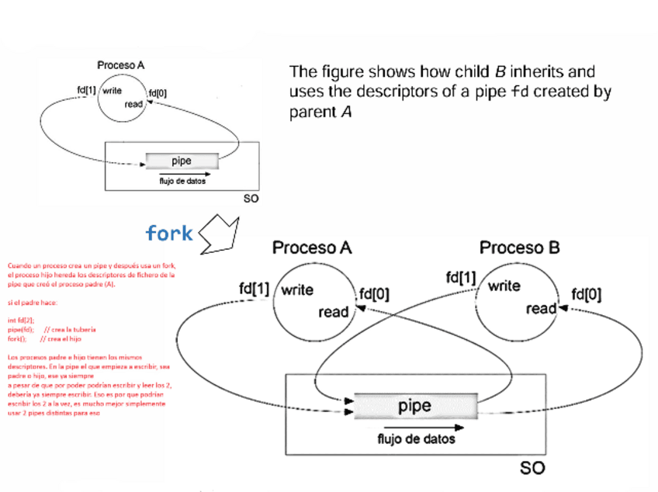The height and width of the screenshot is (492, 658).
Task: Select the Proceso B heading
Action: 519,248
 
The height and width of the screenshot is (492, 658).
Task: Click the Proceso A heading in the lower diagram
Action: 312,248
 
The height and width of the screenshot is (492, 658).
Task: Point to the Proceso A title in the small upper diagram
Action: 120,65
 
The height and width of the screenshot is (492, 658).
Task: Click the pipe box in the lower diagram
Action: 414,406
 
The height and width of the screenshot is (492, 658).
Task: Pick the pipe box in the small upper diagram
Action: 182,161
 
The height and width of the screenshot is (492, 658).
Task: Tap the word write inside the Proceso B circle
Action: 504,286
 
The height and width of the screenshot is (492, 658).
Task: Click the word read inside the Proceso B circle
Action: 541,308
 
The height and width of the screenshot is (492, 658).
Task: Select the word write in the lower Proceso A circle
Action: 297,290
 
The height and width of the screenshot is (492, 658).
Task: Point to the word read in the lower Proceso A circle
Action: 334,312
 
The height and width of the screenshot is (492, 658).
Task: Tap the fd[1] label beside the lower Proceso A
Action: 254,289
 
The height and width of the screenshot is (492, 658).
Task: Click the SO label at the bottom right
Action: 532,468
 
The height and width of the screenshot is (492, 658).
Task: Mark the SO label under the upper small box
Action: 251,199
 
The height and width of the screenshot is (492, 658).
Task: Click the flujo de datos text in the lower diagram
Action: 416,438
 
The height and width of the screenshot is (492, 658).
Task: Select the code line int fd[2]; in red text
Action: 21,320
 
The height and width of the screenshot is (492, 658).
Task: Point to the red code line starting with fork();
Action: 17,339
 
